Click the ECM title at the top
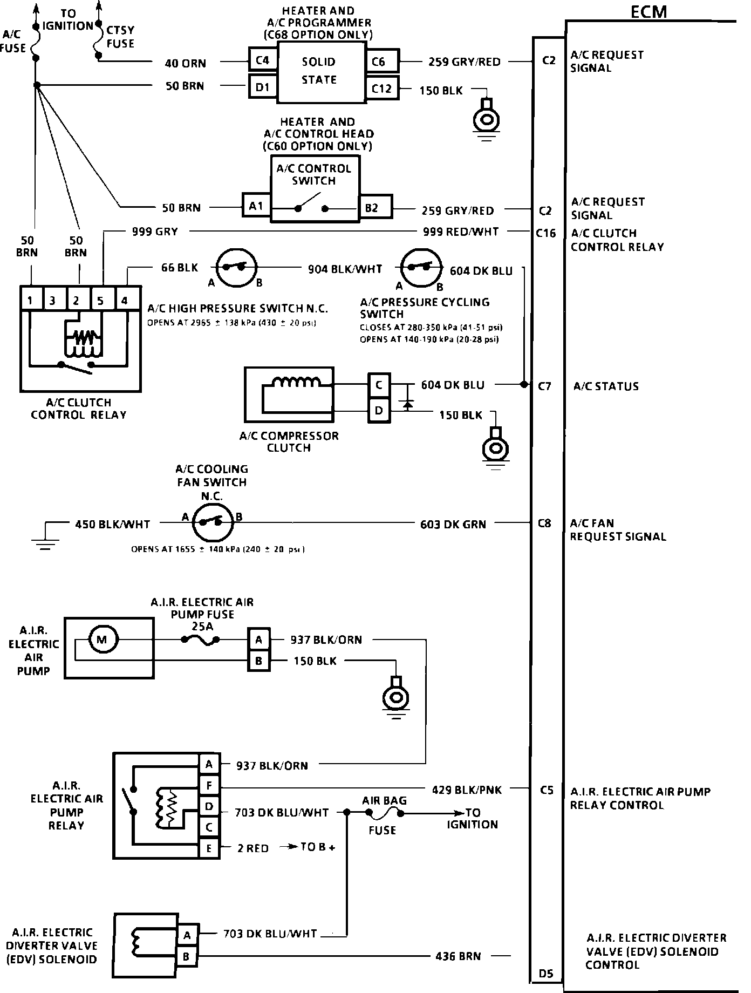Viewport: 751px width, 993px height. coord(648,11)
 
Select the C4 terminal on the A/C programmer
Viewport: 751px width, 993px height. coord(262,60)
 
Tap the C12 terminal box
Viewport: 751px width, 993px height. coord(382,88)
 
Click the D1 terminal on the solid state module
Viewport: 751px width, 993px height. coord(262,86)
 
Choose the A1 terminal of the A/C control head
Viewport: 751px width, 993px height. coord(256,206)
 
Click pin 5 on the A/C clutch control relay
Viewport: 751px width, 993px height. coord(101,300)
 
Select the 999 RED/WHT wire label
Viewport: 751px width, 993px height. coord(461,232)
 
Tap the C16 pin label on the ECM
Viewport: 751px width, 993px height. coord(546,233)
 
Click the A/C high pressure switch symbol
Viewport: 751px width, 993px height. coord(236,267)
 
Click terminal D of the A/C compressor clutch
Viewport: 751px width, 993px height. coord(379,411)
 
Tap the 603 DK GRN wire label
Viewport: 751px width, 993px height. coord(453,524)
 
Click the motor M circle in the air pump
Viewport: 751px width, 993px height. coord(102,640)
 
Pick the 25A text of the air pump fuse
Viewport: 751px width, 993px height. coord(202,627)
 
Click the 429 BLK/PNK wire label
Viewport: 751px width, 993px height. coord(467,790)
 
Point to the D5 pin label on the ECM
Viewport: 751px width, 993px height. coord(546,974)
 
